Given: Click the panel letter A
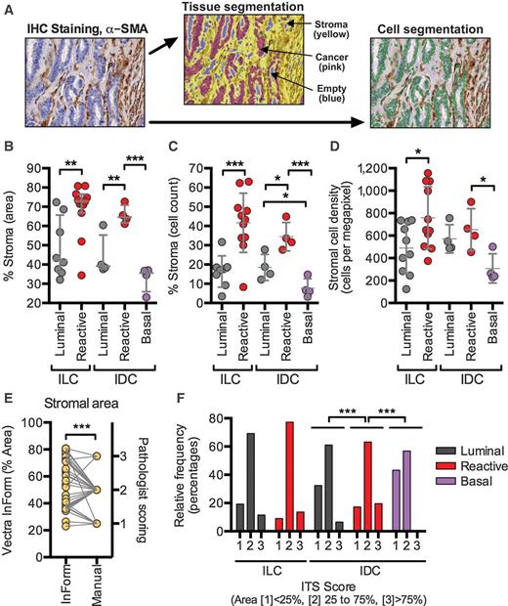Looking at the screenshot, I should pyautogui.click(x=7, y=9).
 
